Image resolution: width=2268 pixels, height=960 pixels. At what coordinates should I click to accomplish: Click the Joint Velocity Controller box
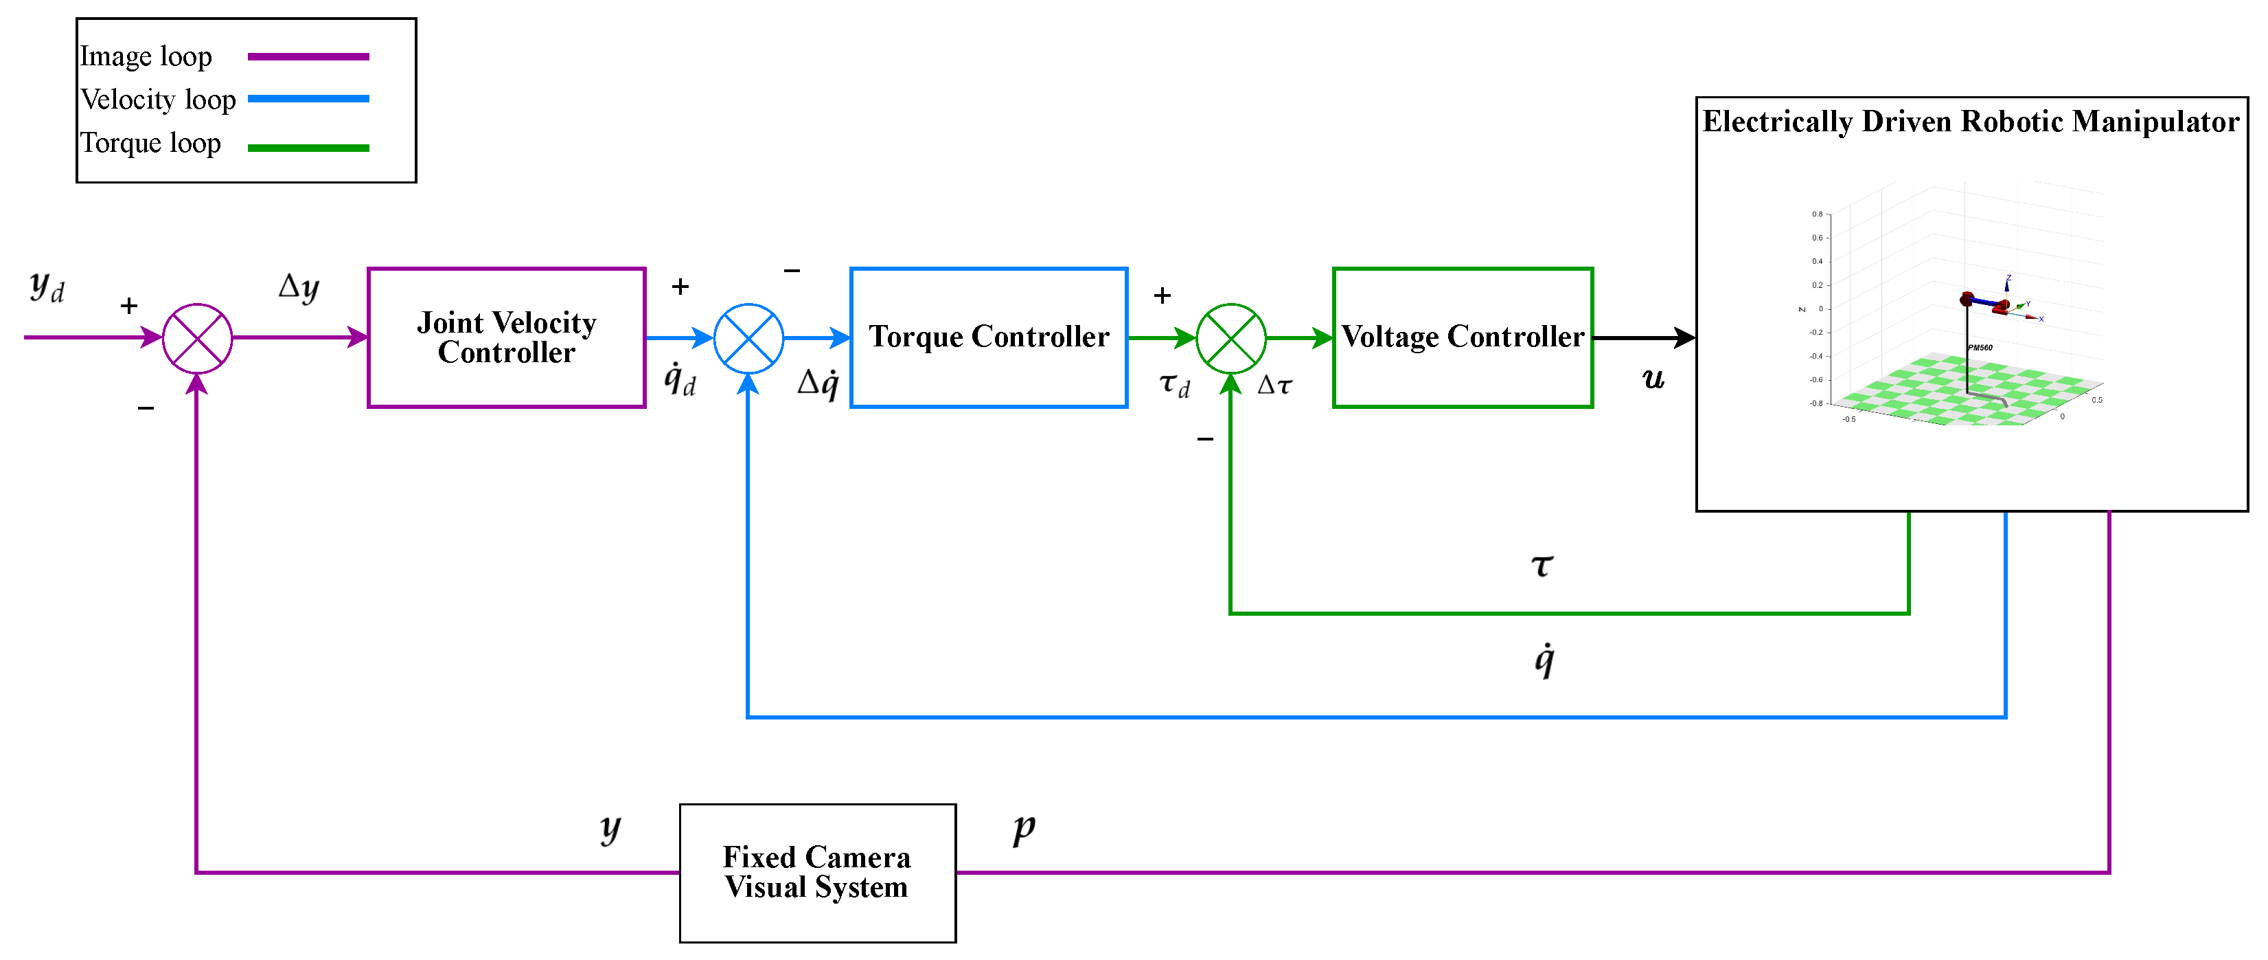point(506,337)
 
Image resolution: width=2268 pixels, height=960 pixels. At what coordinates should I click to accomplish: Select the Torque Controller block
point(988,337)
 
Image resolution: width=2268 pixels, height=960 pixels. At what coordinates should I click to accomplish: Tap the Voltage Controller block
point(1463,337)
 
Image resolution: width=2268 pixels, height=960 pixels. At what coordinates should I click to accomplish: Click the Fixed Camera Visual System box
point(817,872)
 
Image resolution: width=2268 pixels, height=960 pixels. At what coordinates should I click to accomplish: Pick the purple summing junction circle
point(197,337)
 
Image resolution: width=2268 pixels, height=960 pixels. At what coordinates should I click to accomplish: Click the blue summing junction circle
point(748,337)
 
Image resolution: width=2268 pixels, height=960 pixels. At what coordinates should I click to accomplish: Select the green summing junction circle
point(1231,337)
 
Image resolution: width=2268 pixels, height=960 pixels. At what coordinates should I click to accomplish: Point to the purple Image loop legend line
point(308,56)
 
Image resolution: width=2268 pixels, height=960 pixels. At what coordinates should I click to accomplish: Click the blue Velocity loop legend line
point(308,99)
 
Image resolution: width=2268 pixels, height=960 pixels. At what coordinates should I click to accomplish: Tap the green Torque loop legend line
point(308,148)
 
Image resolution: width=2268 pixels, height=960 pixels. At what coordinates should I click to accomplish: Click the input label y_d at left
point(46,287)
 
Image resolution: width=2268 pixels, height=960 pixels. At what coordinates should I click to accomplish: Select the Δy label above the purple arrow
point(299,287)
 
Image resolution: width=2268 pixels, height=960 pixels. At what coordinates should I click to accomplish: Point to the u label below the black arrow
point(1653,379)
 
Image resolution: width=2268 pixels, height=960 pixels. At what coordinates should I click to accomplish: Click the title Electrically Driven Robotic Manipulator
point(1971,122)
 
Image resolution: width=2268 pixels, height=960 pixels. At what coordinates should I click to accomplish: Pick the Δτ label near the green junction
point(1274,385)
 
